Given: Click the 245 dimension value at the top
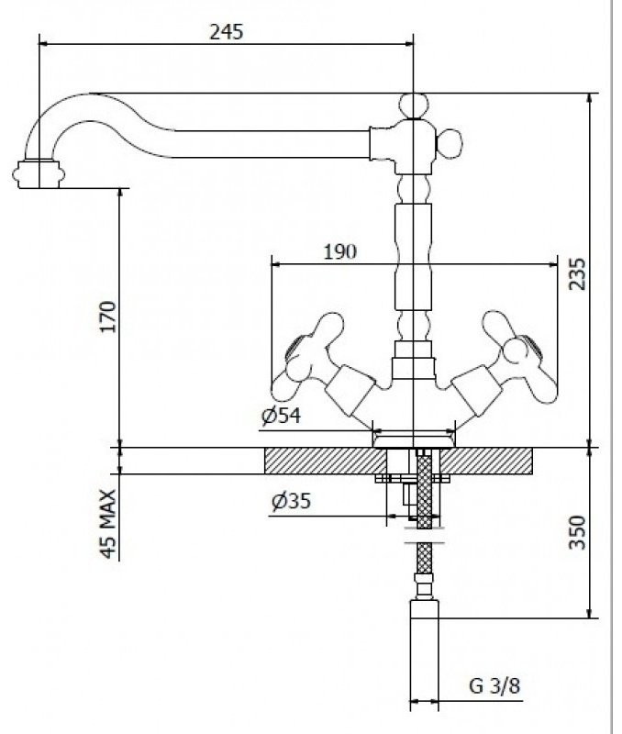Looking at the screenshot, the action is click(226, 32).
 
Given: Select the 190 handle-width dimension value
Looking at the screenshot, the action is click(340, 251).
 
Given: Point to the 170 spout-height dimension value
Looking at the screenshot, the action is click(108, 317).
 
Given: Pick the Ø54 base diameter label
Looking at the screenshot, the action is click(282, 416).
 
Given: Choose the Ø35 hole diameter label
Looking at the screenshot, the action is click(291, 501).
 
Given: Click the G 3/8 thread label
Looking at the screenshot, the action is click(494, 686).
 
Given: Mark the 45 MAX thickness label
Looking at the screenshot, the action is click(108, 524).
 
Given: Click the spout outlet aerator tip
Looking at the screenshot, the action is click(38, 174).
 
